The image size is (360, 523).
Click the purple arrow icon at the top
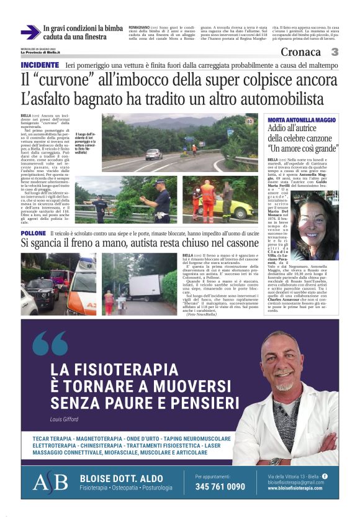click(30, 32)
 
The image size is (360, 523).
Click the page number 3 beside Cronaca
click(335, 52)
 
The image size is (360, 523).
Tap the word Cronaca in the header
click(301, 52)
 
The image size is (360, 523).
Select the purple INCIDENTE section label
click(40, 65)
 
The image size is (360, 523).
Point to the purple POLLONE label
click(33, 233)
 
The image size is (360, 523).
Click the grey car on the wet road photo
click(153, 155)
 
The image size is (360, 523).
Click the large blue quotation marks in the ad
click(50, 344)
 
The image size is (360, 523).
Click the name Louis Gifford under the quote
click(65, 419)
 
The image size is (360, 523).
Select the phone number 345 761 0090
click(220, 486)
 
